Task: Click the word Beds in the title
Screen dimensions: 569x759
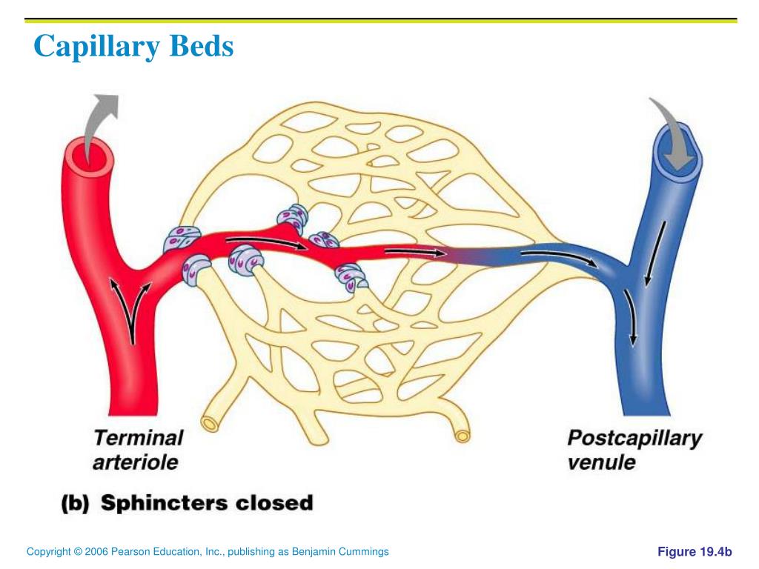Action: (x=202, y=46)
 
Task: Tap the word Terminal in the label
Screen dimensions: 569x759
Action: (x=138, y=437)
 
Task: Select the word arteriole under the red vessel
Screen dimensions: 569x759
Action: (x=136, y=462)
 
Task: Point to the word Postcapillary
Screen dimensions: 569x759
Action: (x=634, y=439)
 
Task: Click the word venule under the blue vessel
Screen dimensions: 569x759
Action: (x=602, y=462)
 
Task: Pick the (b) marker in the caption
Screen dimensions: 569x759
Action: (x=74, y=503)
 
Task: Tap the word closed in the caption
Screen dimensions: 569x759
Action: (x=274, y=503)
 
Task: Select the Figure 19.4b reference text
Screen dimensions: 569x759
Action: (x=695, y=552)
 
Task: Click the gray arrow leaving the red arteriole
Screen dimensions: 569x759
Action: (x=100, y=122)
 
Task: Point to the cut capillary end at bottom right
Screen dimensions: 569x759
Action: (x=463, y=434)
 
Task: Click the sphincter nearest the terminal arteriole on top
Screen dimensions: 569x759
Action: (x=182, y=239)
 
